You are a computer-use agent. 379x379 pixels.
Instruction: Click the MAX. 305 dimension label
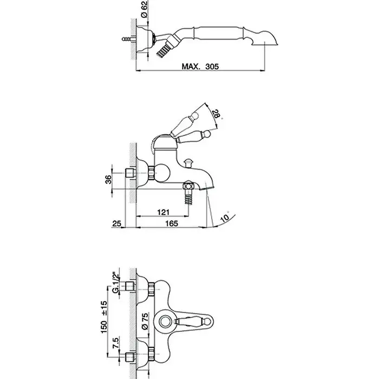click(x=200, y=66)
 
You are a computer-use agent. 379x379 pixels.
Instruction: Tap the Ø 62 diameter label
click(x=144, y=9)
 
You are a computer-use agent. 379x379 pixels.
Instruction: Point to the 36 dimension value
click(x=108, y=179)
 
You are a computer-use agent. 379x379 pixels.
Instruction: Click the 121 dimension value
click(x=164, y=212)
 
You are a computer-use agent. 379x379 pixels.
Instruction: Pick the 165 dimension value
click(x=172, y=223)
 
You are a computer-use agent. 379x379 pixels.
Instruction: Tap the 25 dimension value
click(x=116, y=223)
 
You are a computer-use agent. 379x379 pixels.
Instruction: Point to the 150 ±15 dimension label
click(x=104, y=317)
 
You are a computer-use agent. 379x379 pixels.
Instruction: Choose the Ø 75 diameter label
click(x=145, y=322)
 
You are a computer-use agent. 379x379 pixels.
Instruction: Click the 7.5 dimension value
click(x=115, y=343)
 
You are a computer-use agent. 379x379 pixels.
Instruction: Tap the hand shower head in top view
click(x=264, y=38)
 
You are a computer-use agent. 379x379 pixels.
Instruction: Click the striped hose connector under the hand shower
click(x=164, y=50)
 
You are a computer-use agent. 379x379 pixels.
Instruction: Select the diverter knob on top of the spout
click(x=188, y=162)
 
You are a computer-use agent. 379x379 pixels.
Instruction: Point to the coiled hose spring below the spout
click(x=189, y=197)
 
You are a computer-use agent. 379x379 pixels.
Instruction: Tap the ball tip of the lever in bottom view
click(x=208, y=322)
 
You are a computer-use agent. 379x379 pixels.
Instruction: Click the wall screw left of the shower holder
click(x=128, y=38)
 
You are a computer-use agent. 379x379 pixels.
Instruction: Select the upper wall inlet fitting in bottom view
click(x=130, y=286)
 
